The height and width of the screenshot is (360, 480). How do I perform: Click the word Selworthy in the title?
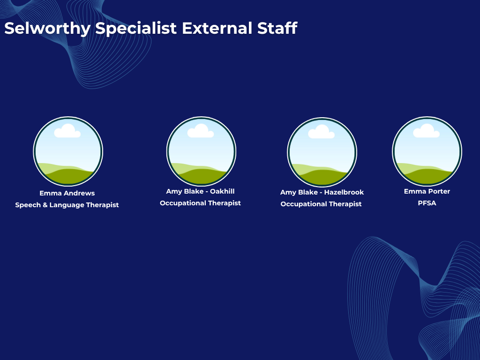pos(47,29)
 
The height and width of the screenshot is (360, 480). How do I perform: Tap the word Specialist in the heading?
pos(136,29)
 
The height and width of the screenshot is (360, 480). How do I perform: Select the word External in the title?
pos(217,28)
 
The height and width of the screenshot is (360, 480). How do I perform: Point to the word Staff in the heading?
pos(277,28)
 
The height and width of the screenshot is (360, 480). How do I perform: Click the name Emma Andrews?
pos(67,193)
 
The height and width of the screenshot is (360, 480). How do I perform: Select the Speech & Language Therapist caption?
pos(67,205)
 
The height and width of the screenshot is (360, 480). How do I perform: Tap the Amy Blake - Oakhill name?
pos(200,191)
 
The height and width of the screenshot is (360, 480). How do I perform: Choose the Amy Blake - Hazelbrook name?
pos(322,192)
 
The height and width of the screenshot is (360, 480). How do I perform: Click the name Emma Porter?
pos(427,191)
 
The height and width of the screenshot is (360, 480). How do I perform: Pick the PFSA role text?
pos(427,203)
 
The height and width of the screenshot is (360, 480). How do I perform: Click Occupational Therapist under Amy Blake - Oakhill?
pos(200,203)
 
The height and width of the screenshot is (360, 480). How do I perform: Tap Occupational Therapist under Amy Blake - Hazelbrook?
pos(321,204)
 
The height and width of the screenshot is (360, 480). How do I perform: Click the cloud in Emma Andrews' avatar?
pos(67,131)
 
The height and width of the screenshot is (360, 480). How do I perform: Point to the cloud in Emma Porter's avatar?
pos(427,131)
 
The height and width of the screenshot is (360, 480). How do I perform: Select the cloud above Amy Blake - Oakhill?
pos(201,131)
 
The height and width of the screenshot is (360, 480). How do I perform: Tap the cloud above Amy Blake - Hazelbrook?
pos(321,132)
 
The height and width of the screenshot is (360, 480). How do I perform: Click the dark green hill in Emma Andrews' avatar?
pos(68,177)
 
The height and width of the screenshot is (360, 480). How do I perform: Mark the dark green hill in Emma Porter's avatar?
pos(427,177)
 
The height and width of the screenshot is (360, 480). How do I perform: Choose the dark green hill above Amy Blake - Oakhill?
pos(201,177)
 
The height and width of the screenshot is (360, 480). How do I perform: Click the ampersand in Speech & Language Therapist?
pos(45,205)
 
